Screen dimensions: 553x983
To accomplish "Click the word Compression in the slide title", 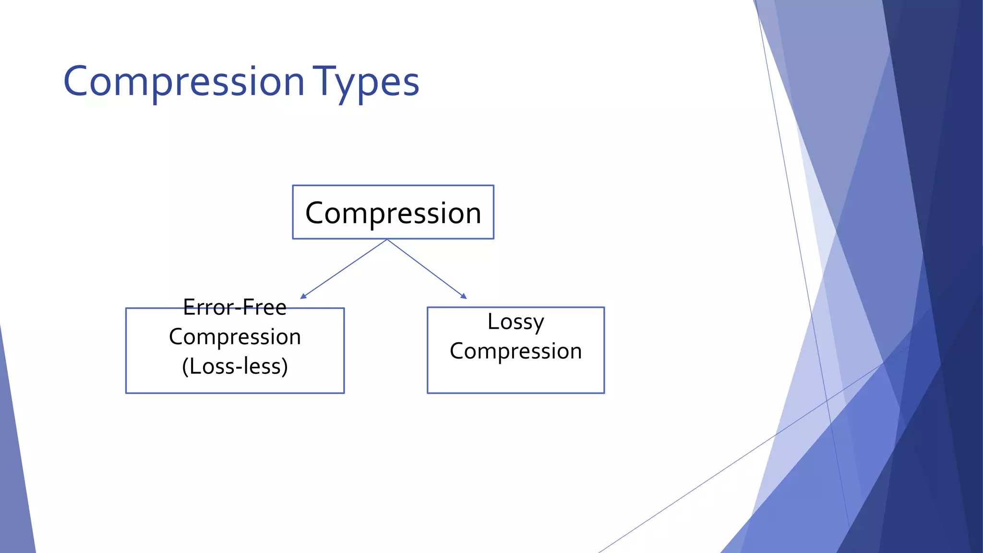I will pos(184,82).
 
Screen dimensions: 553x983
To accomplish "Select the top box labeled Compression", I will pos(393,212).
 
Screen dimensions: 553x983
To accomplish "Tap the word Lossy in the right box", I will pos(515,322).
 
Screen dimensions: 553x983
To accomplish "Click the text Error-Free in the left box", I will pos(235,307).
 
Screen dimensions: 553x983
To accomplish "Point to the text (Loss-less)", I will pos(235,366).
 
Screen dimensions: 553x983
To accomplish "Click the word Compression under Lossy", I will pos(515,351).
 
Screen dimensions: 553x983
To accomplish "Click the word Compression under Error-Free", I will pos(235,337).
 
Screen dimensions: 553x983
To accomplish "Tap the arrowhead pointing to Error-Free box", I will pos(303,296).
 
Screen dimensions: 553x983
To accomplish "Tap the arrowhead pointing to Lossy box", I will pos(463,296).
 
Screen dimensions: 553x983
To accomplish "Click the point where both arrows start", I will pos(387,240).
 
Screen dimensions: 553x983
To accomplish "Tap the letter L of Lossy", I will pos(492,321).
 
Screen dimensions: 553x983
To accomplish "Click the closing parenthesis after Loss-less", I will pos(285,367).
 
